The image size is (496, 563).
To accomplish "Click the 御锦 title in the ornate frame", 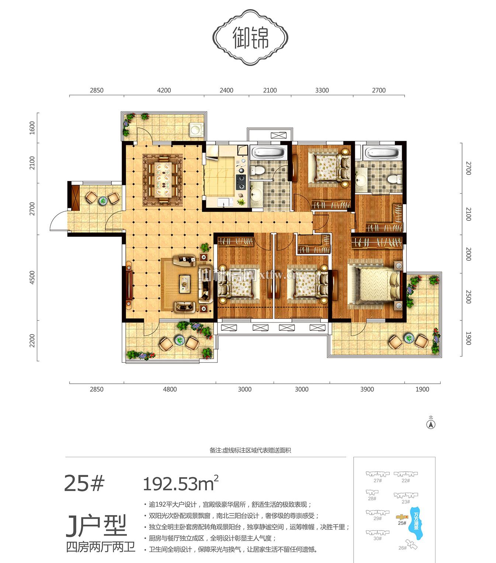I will (x=250, y=38).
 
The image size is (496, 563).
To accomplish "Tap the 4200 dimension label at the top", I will (x=164, y=90).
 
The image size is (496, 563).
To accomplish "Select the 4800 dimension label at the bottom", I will (x=170, y=389).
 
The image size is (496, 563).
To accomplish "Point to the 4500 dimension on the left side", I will (x=32, y=277).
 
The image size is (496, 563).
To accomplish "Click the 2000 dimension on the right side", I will (x=468, y=254).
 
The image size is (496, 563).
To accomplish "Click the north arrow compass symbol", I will (x=431, y=424).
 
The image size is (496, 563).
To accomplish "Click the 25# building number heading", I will (x=84, y=483).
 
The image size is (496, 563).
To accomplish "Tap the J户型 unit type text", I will (x=96, y=525).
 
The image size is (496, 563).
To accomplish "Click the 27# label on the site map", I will (x=377, y=480).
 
